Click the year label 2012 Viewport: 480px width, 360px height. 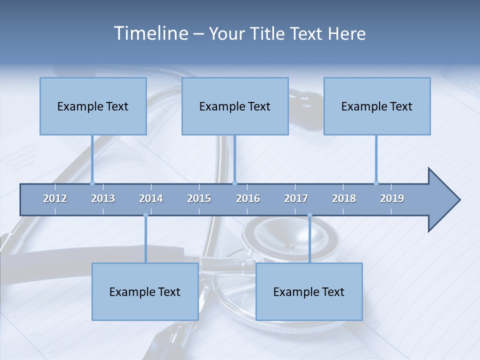55,198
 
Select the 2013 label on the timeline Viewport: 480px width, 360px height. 103,198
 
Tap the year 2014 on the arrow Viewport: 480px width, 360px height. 151,198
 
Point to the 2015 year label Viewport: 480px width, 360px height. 199,198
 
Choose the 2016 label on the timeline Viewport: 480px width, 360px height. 248,198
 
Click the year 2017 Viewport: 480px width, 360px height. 296,198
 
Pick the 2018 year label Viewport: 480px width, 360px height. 344,198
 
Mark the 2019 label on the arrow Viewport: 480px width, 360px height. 392,198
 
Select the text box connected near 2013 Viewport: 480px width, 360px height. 93,106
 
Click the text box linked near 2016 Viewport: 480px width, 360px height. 235,106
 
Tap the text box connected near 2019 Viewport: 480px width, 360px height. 377,106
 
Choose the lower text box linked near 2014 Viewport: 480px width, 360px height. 145,291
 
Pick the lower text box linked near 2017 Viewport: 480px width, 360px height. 309,291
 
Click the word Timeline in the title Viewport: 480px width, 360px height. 150,33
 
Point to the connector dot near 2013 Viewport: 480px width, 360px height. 92,183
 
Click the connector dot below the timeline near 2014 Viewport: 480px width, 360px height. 145,215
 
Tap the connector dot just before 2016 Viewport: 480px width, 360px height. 234,183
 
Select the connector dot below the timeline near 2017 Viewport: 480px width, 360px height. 309,215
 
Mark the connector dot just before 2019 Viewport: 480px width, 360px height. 376,183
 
